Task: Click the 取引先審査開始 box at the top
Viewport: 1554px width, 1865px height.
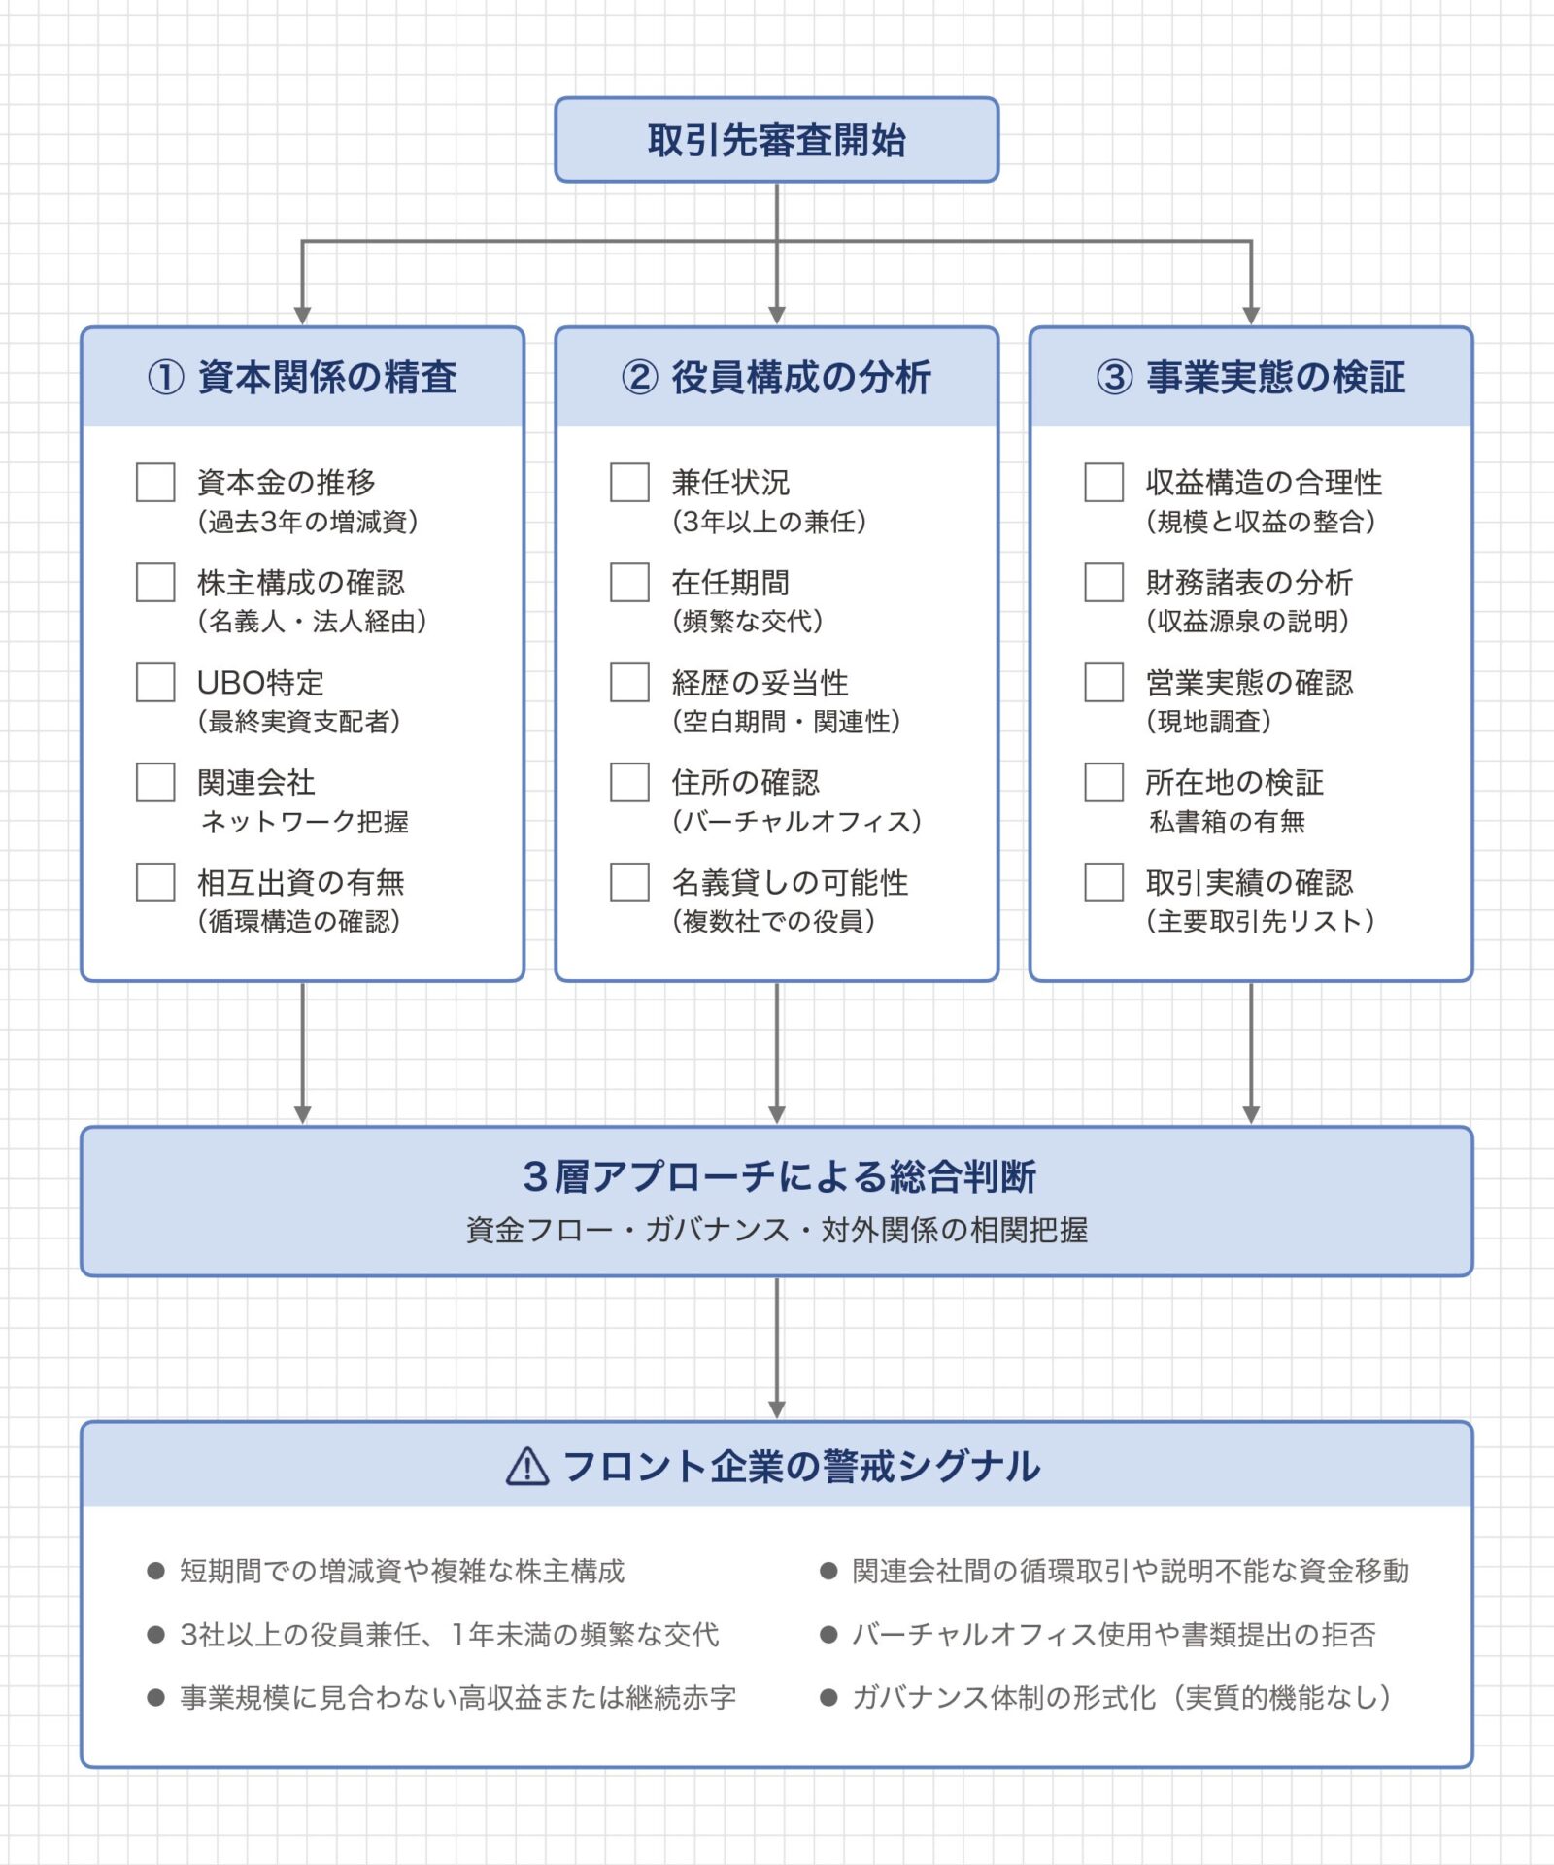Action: click(776, 140)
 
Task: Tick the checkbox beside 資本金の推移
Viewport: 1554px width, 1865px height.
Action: click(155, 482)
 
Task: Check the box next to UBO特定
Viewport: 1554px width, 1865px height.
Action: click(155, 682)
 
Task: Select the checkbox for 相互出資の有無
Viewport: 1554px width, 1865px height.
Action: click(155, 882)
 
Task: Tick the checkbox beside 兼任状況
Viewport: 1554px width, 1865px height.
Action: click(629, 482)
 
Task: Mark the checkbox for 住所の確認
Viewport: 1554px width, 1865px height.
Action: click(629, 782)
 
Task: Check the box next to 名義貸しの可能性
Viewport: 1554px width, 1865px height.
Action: click(629, 882)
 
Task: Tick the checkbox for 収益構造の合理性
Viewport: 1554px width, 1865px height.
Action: click(1103, 482)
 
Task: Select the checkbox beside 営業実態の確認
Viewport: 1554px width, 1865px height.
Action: click(1103, 682)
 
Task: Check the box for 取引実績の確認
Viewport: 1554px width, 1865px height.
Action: click(1103, 882)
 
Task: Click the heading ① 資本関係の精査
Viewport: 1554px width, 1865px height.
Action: click(302, 377)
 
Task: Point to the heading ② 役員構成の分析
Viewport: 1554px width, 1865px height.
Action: click(776, 377)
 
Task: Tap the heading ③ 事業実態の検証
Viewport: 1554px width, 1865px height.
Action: click(1250, 377)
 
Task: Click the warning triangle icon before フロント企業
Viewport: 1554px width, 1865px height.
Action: click(527, 1467)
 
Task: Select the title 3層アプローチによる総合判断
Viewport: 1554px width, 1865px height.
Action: click(779, 1176)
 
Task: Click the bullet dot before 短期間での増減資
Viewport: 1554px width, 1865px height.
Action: click(155, 1571)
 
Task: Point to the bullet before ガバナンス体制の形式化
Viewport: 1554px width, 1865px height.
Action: click(828, 1697)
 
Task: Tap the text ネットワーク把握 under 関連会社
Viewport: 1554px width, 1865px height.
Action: click(304, 822)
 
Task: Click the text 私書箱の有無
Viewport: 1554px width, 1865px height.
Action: click(1227, 822)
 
